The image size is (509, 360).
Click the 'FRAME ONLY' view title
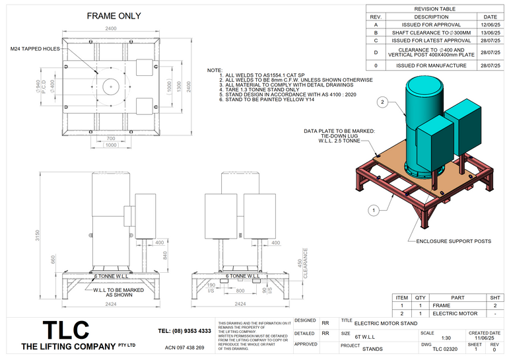coord(114,16)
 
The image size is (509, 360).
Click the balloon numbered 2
coord(382,102)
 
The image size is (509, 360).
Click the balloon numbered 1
coord(374,210)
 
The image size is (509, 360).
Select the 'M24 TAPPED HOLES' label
coord(36,49)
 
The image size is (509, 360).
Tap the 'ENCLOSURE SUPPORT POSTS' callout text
coord(453,241)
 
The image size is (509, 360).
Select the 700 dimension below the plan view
coord(110,139)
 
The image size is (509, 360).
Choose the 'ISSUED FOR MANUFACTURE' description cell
coord(431,65)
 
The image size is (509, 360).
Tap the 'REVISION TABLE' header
coord(434,9)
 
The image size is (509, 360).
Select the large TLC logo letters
coord(66,330)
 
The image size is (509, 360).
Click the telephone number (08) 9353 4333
coord(185,330)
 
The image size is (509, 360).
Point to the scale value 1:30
coord(427,338)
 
